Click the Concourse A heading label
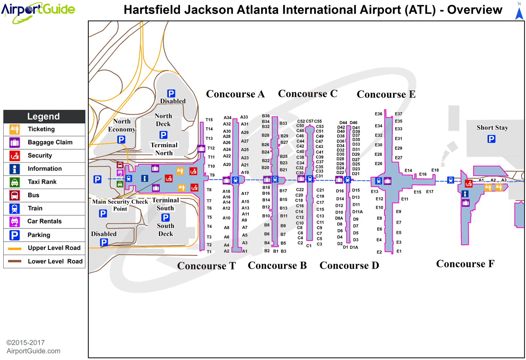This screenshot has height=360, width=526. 235,94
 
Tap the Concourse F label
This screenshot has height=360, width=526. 465,264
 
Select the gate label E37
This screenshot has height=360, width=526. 399,114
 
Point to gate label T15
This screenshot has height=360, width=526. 209,120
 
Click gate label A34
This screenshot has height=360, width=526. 227,118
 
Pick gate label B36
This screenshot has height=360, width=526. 266,116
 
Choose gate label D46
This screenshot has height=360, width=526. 354,123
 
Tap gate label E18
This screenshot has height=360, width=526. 435,170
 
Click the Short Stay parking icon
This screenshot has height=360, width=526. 491,139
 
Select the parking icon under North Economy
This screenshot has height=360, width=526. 121,140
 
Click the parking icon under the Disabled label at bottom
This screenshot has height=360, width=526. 104,243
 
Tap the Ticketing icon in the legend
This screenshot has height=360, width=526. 15,129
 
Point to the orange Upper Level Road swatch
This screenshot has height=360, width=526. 15,248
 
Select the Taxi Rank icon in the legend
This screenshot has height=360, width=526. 15,182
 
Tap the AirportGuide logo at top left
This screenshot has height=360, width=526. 38,11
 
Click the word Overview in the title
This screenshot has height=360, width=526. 475,10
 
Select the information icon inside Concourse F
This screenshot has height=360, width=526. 465,194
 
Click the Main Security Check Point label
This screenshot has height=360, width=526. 120,205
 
